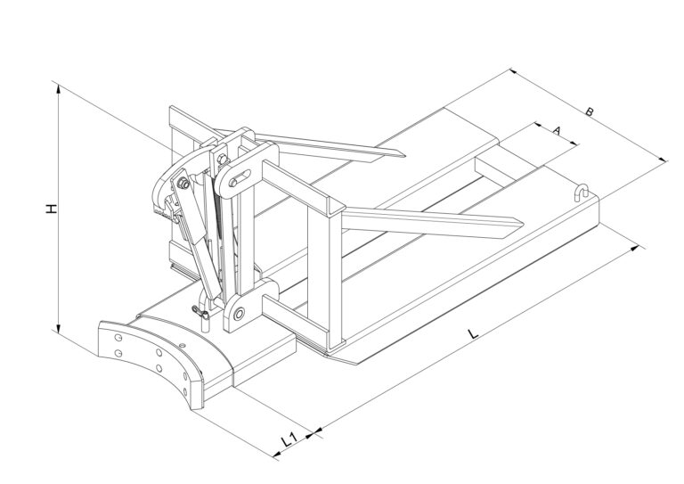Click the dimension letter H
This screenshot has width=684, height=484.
pyautogui.click(x=52, y=209)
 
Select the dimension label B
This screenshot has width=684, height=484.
pyautogui.click(x=590, y=111)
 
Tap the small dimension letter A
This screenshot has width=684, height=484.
pyautogui.click(x=556, y=129)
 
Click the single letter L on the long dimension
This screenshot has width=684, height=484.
pyautogui.click(x=473, y=334)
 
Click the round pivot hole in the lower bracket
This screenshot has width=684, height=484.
pyautogui.click(x=239, y=314)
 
